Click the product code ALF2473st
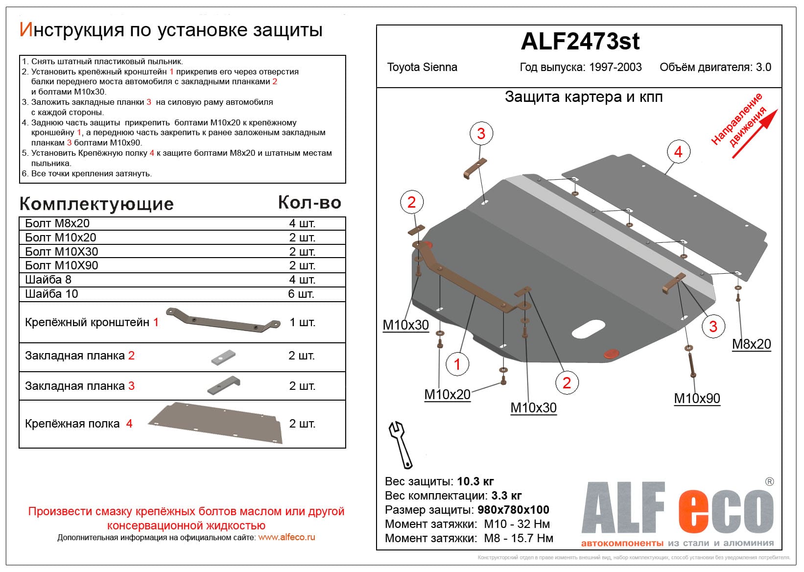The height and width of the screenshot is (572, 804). [x=580, y=42]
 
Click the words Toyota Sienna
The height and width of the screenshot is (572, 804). [x=422, y=68]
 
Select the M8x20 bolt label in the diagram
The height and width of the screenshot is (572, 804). [x=751, y=344]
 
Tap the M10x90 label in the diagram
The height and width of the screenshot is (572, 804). [x=697, y=399]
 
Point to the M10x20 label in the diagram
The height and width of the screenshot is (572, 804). [x=447, y=395]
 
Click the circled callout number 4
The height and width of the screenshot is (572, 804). [x=678, y=152]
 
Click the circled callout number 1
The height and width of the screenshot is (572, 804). [x=457, y=364]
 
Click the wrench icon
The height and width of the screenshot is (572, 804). [x=401, y=444]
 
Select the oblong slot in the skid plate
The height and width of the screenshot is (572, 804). [x=588, y=329]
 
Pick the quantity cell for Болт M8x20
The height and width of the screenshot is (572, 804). [x=302, y=224]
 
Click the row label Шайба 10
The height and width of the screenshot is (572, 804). [x=51, y=294]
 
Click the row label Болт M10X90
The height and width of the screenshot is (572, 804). [x=62, y=265]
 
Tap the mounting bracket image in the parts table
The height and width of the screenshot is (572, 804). [x=223, y=322]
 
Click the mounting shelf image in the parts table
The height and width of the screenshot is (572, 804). [x=216, y=423]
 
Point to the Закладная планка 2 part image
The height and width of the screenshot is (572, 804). [x=223, y=357]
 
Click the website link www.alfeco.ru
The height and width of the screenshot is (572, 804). [x=286, y=537]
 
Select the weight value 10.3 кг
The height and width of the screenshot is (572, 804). [x=474, y=481]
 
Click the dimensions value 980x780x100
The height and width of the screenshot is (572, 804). [x=513, y=510]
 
